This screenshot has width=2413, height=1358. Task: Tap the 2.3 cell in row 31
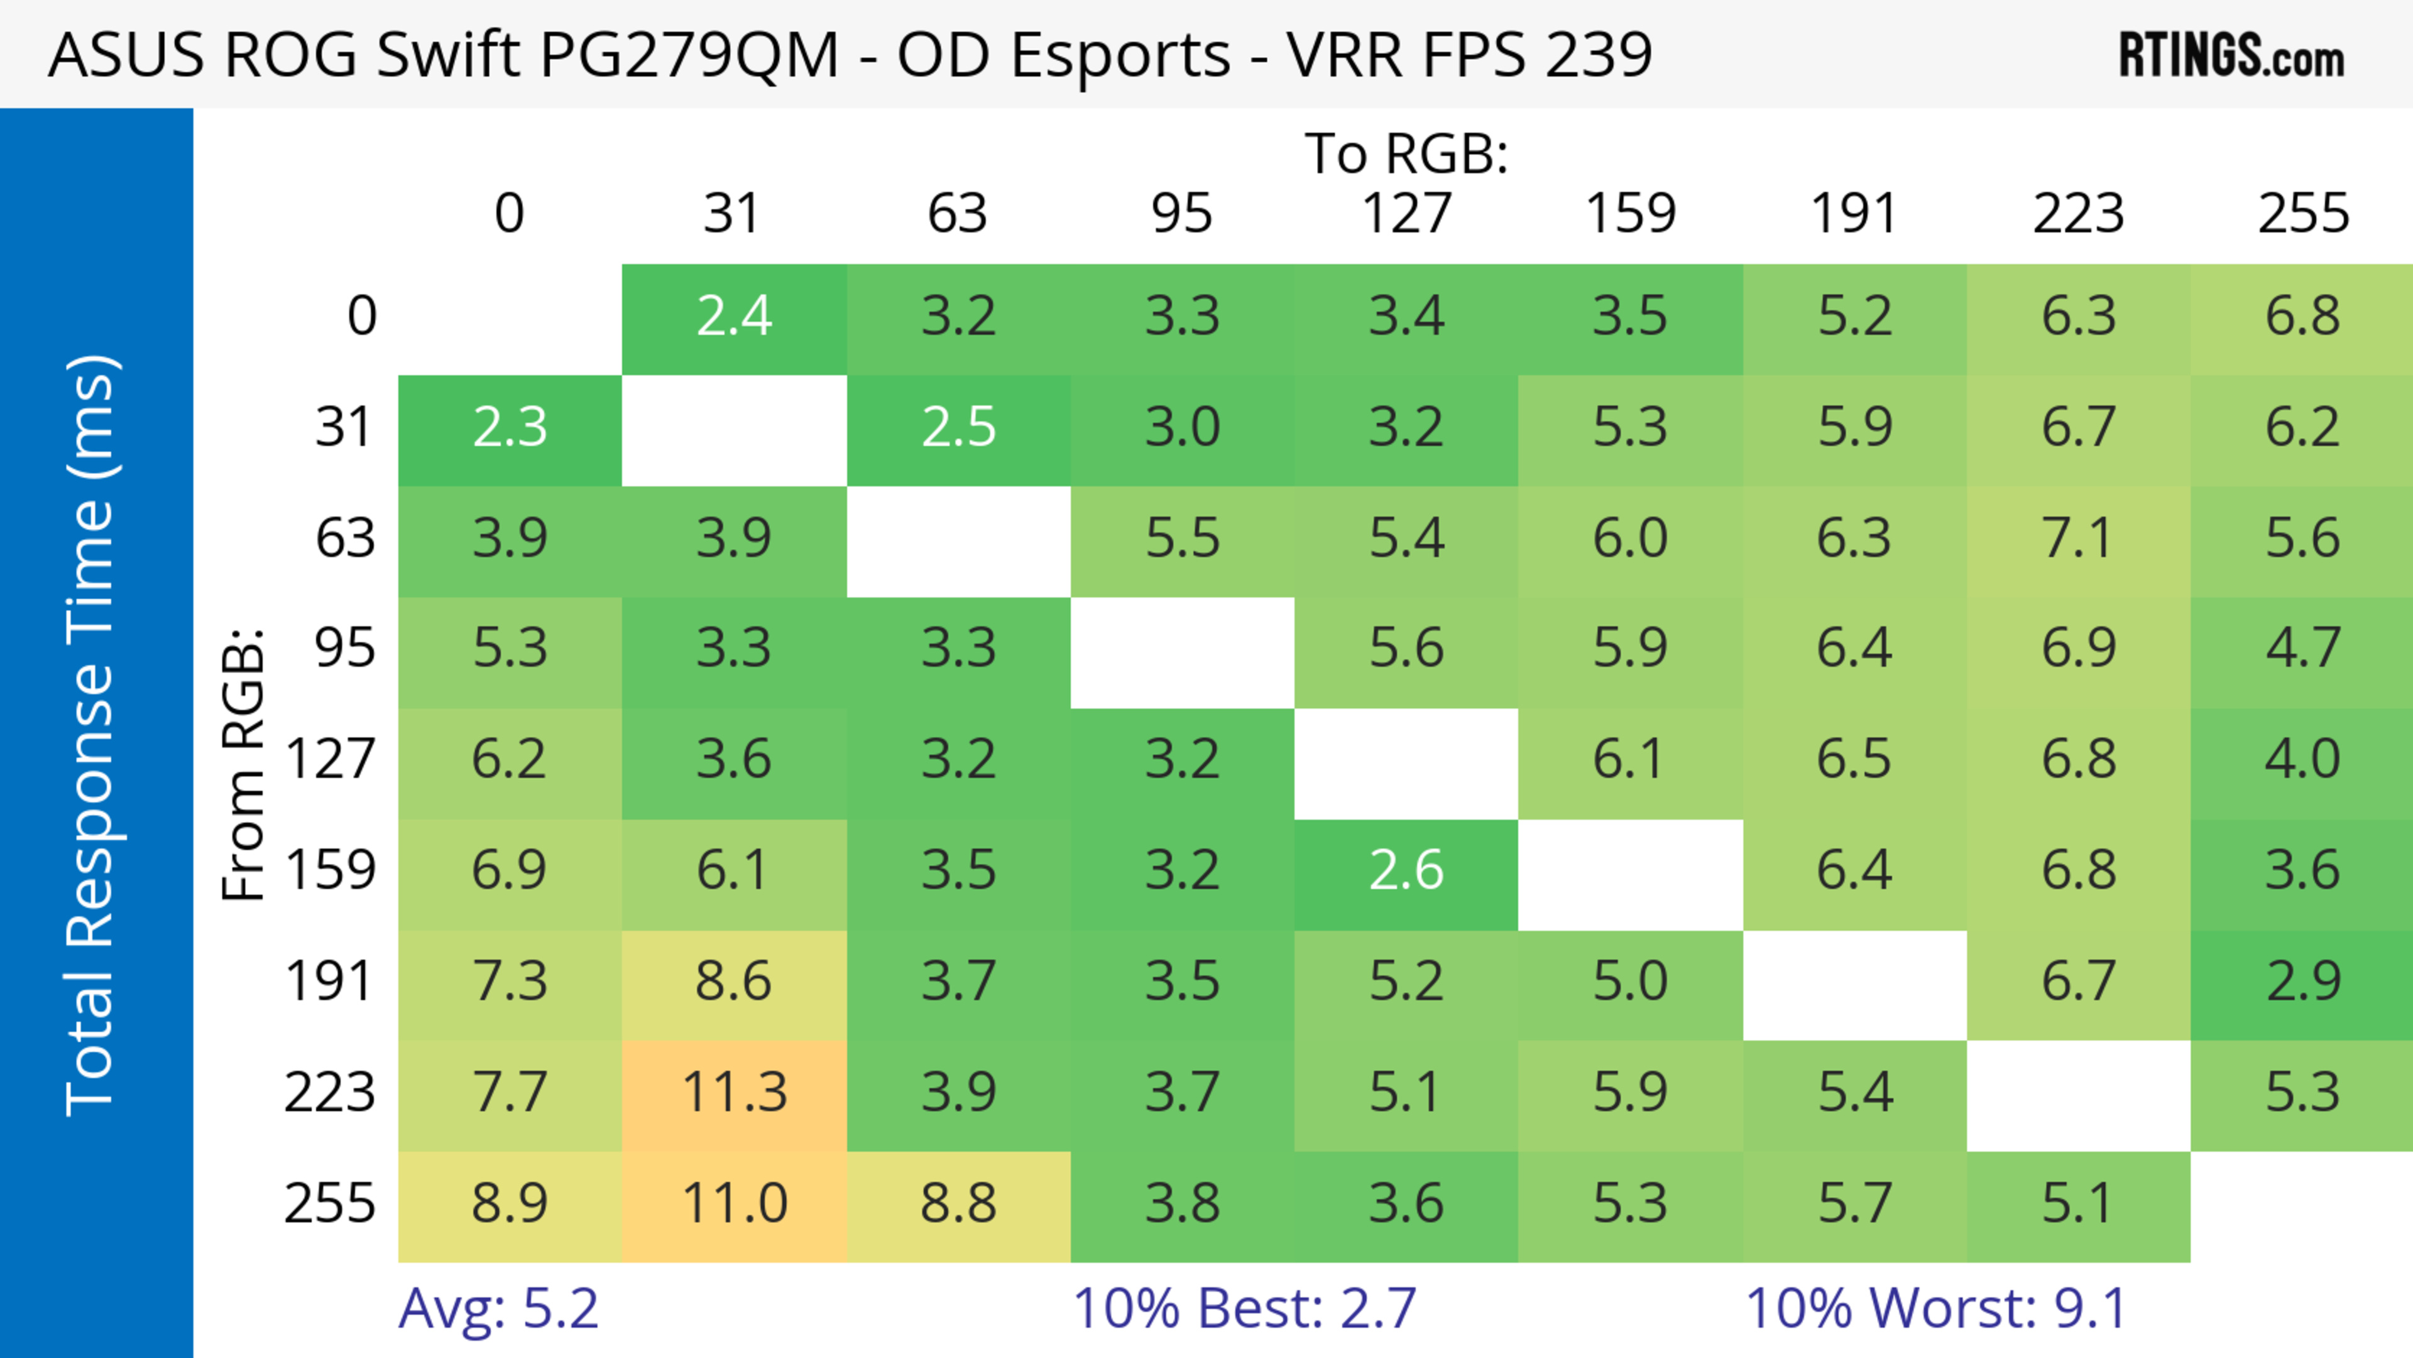pyautogui.click(x=510, y=428)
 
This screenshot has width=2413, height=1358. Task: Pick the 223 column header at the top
pyautogui.click(x=2077, y=214)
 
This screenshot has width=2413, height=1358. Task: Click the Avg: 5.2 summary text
pyautogui.click(x=498, y=1308)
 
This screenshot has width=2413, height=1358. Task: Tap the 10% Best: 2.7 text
pyautogui.click(x=1244, y=1308)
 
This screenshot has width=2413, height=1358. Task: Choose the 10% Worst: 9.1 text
pyautogui.click(x=1935, y=1308)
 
